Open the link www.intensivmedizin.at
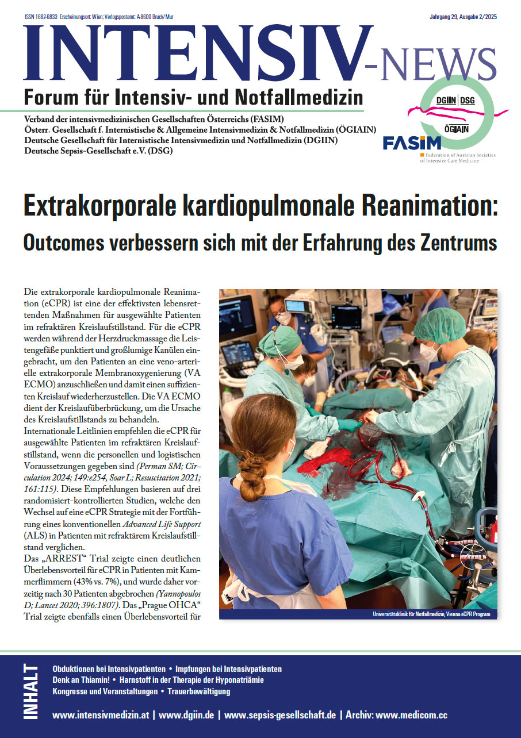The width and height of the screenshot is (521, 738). pos(101,716)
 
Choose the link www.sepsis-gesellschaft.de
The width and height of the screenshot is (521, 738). pos(280,716)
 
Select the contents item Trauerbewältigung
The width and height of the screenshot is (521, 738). pos(199,691)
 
